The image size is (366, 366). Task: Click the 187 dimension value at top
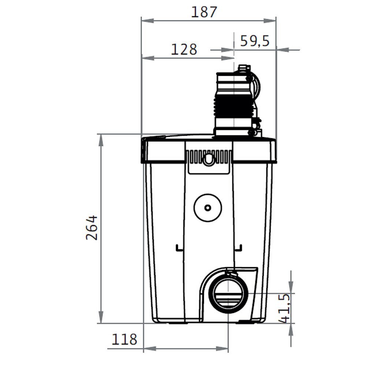click(x=204, y=12)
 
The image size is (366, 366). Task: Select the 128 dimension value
click(x=184, y=49)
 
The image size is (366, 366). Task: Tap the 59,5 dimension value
click(x=255, y=41)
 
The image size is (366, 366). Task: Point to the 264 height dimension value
click(x=92, y=228)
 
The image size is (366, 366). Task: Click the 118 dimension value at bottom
click(x=124, y=340)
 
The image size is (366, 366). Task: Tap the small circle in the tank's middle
click(x=208, y=208)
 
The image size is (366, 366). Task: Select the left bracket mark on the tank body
click(x=179, y=248)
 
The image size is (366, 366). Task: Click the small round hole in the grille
click(x=209, y=159)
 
